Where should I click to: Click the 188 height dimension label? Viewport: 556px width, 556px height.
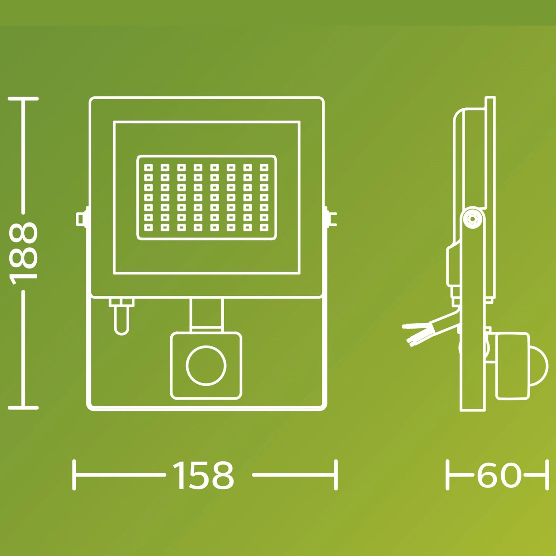23,253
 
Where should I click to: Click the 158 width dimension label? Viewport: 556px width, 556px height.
204,475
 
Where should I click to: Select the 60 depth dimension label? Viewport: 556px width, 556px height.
499,475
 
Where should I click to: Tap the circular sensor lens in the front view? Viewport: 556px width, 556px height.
206,366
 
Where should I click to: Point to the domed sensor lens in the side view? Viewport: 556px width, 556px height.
539,367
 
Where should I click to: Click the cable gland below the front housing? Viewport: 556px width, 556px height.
121,316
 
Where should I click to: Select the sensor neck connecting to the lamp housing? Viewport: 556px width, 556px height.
206,314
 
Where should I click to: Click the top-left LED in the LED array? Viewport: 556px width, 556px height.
148,167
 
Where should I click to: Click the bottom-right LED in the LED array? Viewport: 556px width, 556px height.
264,228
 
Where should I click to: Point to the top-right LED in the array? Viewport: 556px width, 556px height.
264,167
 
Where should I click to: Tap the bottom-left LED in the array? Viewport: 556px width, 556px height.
148,228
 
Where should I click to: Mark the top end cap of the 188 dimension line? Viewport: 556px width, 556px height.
23,99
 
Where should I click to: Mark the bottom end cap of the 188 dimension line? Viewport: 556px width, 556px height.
23,407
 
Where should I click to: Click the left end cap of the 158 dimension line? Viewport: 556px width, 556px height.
74,475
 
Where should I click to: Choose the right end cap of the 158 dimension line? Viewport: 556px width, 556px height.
336,475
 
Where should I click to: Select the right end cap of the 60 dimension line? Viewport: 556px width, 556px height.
547,475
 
